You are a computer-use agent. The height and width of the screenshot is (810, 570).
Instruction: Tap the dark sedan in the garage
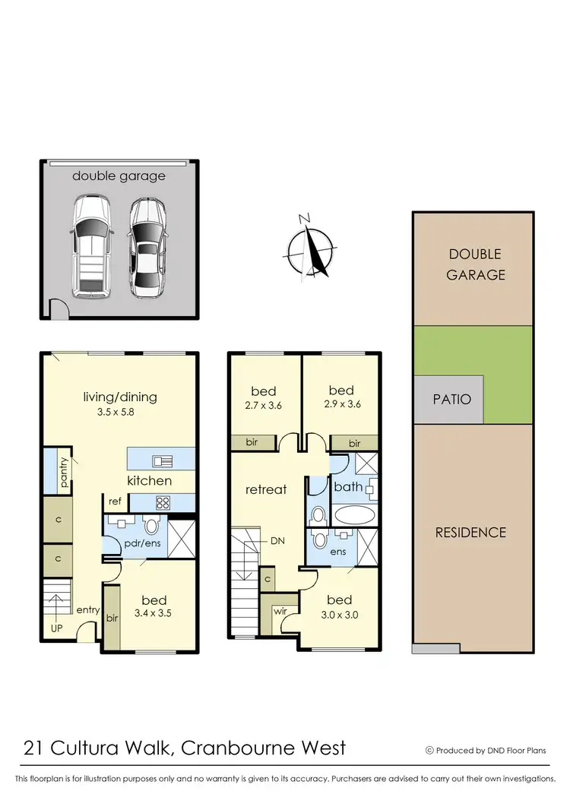[147, 248]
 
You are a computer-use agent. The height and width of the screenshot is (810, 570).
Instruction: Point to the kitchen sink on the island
[162, 460]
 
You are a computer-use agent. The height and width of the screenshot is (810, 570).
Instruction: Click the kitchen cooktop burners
[163, 502]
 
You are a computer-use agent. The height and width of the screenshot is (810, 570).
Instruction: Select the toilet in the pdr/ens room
[150, 525]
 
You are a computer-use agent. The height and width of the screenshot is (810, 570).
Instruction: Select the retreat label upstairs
[266, 489]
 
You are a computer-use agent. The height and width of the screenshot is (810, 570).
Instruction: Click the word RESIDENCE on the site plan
[470, 532]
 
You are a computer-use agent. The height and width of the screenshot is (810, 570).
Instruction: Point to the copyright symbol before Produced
[429, 750]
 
